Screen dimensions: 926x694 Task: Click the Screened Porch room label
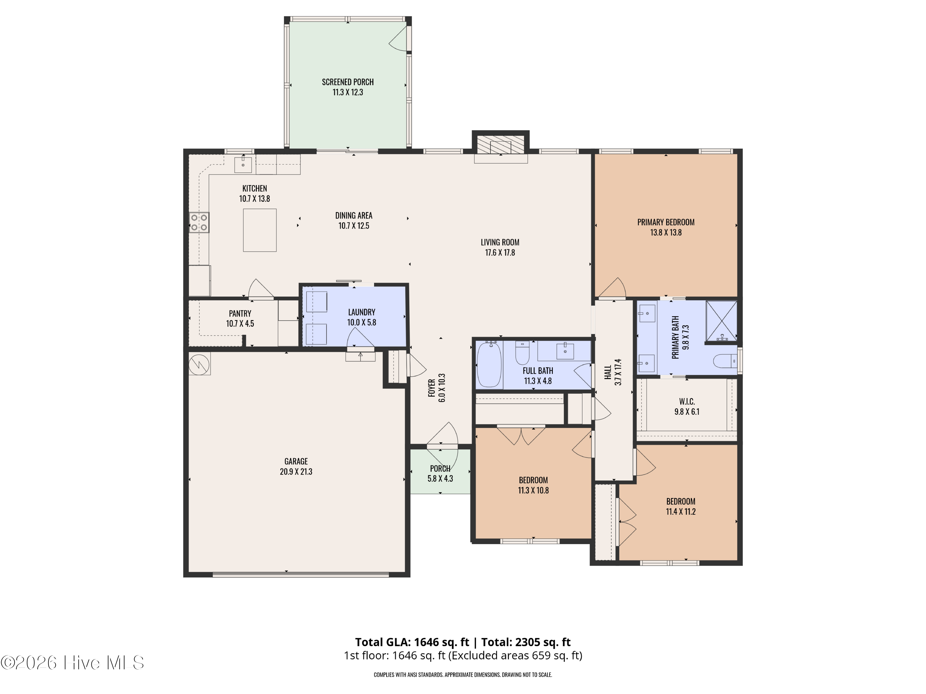tap(348, 82)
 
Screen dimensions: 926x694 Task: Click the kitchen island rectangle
tap(260, 230)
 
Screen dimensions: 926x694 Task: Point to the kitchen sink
tap(243, 164)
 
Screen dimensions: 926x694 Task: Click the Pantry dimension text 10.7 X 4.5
tap(240, 324)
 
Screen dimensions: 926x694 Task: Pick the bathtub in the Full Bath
tap(489, 364)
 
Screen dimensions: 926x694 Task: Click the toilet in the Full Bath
tap(522, 352)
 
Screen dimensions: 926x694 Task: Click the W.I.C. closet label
tap(687, 402)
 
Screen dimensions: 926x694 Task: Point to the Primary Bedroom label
tap(665, 222)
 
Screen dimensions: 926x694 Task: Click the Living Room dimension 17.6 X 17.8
tap(500, 253)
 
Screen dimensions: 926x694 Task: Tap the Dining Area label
tap(354, 216)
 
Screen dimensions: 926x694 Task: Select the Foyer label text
tap(432, 388)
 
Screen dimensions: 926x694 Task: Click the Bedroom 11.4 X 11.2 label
tap(681, 506)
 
